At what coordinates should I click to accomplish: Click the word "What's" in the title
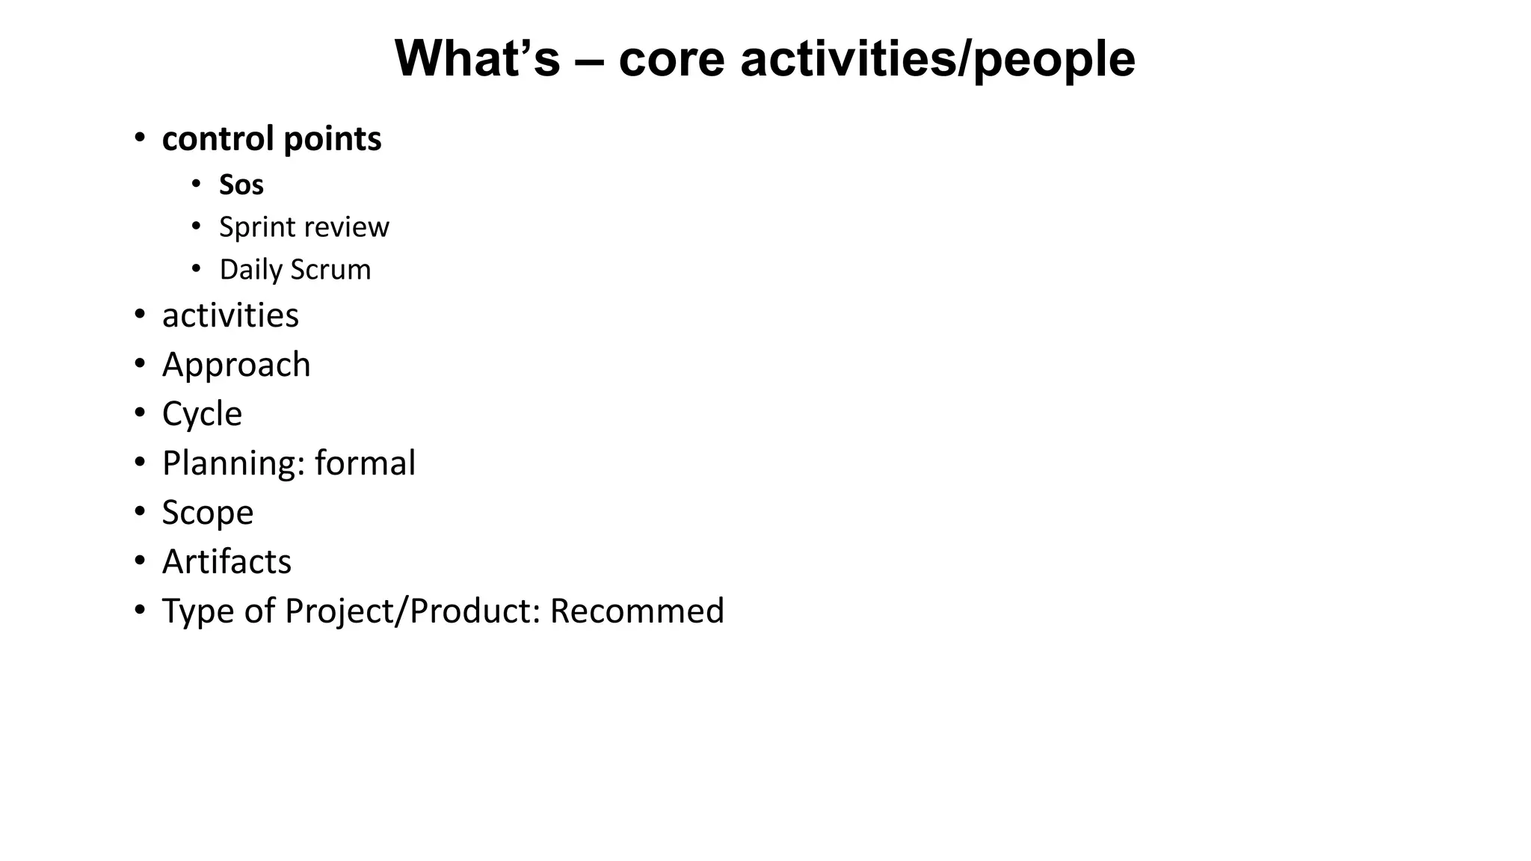coord(477,58)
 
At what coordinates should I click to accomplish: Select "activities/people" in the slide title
coord(937,58)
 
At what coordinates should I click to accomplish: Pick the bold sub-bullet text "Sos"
coord(241,185)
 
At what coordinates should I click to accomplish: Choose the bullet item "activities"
coord(230,315)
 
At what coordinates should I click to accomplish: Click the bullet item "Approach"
coord(236,365)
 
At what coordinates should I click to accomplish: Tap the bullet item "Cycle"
coord(202,414)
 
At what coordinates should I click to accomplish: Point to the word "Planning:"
coord(234,463)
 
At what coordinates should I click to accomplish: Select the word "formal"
coord(365,463)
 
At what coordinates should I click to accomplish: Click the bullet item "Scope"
coord(208,513)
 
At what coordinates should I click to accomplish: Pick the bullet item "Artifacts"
coord(227,562)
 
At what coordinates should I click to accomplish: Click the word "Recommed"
coord(637,611)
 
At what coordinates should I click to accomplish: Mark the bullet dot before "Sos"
coord(196,183)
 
